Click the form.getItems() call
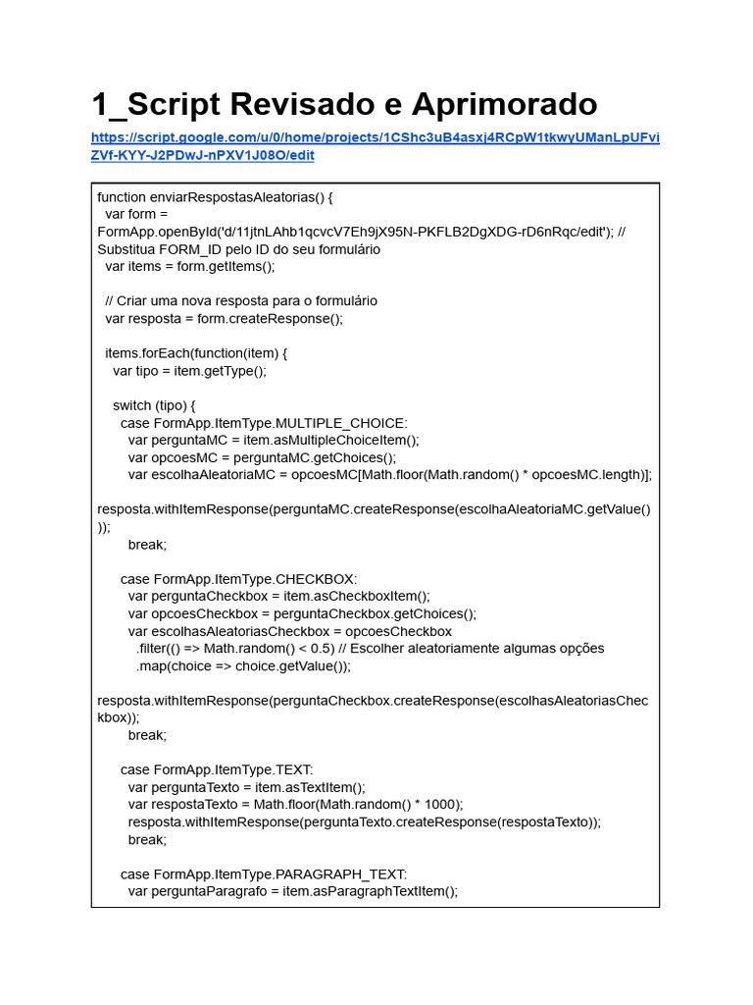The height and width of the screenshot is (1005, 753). (x=226, y=266)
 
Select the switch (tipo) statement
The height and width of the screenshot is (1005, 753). (x=154, y=404)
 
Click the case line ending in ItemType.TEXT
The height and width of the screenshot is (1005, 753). (x=217, y=769)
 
